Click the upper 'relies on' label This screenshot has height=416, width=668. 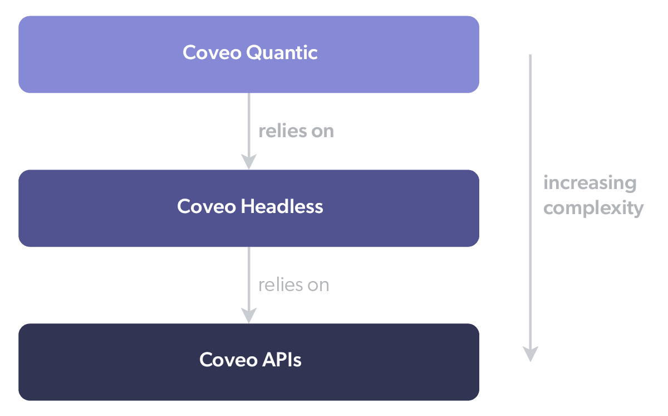296,131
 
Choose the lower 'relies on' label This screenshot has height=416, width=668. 293,285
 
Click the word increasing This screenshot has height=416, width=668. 590,183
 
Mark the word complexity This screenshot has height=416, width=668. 593,209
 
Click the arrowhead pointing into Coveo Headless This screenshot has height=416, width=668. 249,162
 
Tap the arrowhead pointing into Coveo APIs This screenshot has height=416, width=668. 249,316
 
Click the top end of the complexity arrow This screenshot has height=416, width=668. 531,56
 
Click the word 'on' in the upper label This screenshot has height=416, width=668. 323,132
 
